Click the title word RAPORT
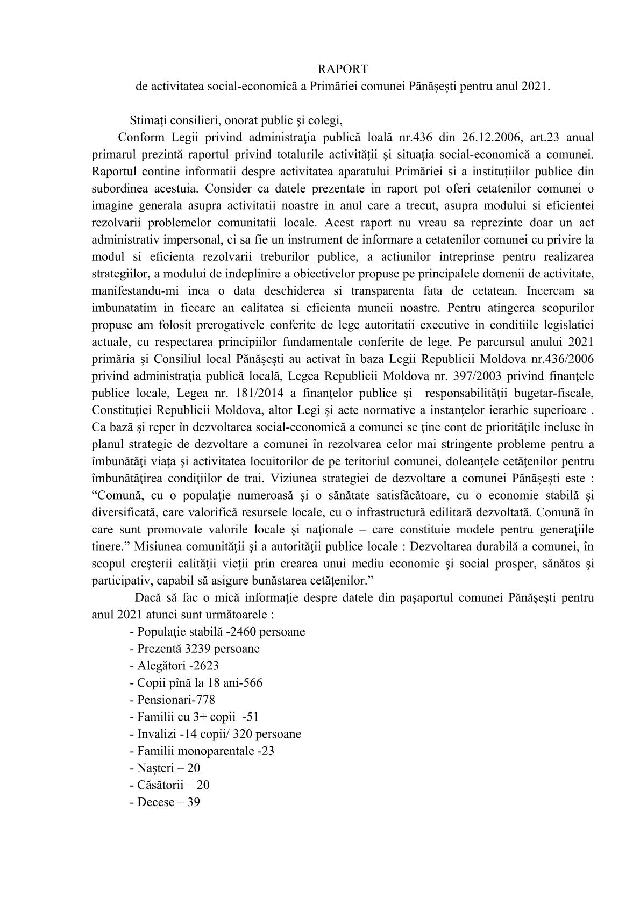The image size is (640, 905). click(x=343, y=69)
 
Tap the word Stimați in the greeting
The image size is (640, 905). click(x=148, y=119)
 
